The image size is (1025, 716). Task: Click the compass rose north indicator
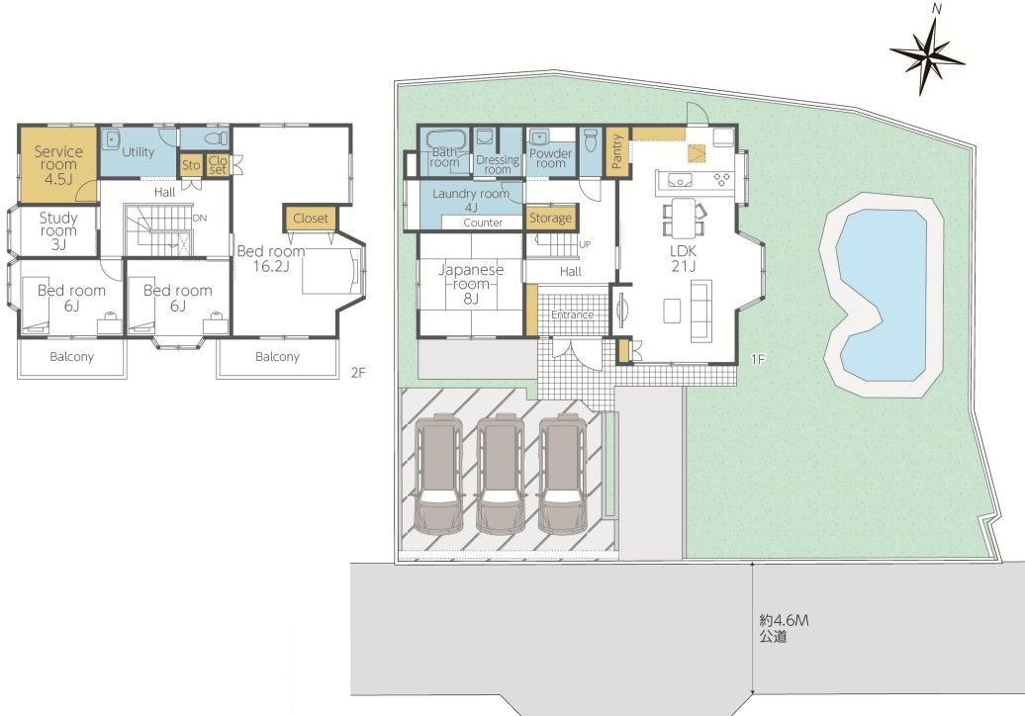coord(927,56)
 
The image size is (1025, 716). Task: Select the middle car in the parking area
coord(501,473)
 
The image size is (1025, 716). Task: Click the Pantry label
coord(616,151)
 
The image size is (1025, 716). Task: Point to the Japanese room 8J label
coord(471,284)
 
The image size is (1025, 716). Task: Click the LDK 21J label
coord(683,258)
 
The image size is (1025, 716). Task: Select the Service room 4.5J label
coord(58,164)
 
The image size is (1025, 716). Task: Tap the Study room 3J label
coord(58,230)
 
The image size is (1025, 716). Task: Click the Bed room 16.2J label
coord(271,258)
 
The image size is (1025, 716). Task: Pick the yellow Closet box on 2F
coord(311,219)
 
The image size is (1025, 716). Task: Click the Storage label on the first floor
coord(550,219)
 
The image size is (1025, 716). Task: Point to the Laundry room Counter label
coord(483,223)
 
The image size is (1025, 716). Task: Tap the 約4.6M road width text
coord(784,620)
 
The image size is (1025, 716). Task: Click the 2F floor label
coord(358,373)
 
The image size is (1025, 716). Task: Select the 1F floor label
coord(758,359)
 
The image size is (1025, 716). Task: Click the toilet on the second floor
coord(216,138)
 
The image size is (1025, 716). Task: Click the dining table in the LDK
coord(684,218)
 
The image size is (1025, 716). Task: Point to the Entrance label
coord(572,314)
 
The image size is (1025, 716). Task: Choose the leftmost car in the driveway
coord(439,473)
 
